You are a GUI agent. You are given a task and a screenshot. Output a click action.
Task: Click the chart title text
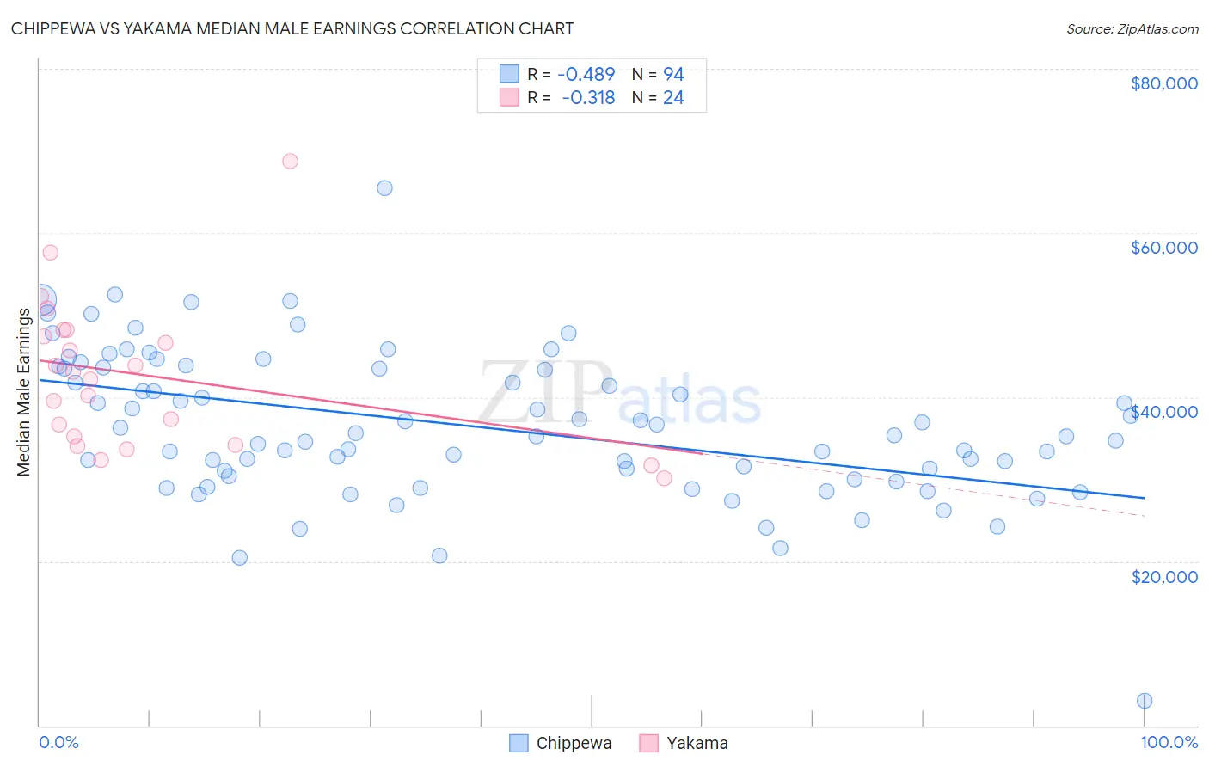292,28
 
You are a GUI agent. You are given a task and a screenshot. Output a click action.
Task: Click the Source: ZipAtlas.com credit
1132,28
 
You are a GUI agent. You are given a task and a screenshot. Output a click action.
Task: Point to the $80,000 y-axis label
1163,83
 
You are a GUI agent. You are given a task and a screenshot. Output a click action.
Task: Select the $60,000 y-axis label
1163,248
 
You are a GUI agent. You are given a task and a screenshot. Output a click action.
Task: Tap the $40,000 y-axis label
1163,412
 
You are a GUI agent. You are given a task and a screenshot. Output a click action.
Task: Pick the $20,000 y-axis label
1163,576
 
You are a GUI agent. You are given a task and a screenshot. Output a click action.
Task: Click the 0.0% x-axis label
58,742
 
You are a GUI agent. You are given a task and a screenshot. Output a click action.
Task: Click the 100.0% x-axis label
1169,742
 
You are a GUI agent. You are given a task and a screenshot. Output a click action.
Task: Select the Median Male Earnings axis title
23,391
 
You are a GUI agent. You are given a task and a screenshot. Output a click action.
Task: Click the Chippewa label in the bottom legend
574,743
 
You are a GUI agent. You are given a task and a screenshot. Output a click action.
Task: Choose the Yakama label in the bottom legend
697,743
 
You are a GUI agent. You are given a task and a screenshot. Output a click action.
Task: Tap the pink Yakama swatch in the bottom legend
648,743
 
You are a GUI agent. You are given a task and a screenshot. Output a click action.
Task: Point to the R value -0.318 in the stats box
589,98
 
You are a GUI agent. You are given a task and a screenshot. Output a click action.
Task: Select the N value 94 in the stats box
673,75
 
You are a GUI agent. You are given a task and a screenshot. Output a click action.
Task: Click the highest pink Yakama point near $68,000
290,161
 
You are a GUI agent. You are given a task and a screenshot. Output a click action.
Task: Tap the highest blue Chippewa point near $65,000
384,187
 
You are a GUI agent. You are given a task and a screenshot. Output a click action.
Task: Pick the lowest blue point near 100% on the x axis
1145,701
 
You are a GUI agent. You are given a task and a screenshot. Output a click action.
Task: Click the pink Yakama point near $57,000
50,252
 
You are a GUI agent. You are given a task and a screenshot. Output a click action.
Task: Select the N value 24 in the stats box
673,98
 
